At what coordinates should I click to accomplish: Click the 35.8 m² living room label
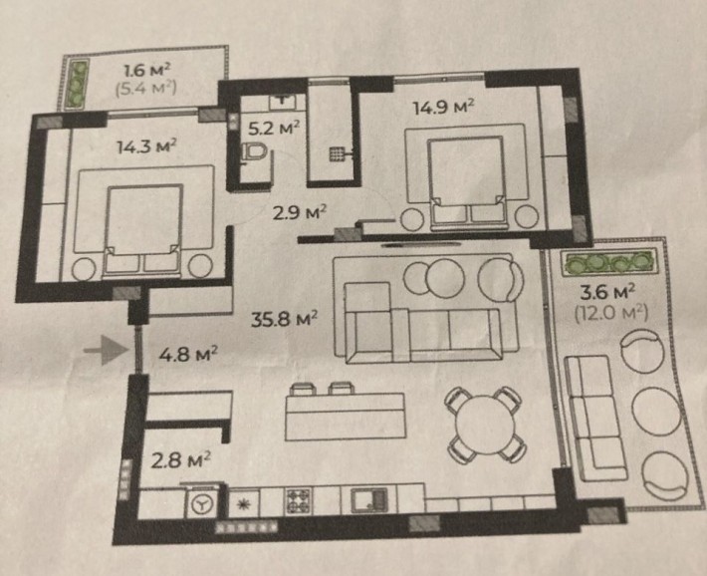tap(284, 319)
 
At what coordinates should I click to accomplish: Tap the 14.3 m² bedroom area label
tap(146, 146)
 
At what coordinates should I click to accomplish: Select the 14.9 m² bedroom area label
tap(444, 108)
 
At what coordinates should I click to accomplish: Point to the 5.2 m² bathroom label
tap(274, 129)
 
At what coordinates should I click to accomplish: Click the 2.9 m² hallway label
tap(300, 212)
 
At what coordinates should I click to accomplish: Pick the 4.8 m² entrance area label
tap(188, 354)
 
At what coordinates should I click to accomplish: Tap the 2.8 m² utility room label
tap(181, 460)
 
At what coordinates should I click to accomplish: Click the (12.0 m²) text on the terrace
tap(611, 312)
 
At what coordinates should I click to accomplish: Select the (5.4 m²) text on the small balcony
tap(146, 88)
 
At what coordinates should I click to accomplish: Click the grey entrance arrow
tap(107, 350)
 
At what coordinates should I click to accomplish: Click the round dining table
tap(485, 425)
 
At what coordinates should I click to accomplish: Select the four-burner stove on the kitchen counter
tap(298, 501)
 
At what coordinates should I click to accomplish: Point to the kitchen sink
tap(369, 500)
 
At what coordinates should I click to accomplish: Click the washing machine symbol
tap(201, 504)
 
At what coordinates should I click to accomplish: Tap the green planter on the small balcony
tap(80, 84)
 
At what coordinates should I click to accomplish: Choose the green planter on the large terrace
tap(608, 262)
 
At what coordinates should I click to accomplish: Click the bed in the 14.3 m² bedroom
tap(144, 230)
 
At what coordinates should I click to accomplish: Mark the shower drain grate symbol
tap(337, 153)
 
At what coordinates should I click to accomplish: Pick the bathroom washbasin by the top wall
tap(282, 101)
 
